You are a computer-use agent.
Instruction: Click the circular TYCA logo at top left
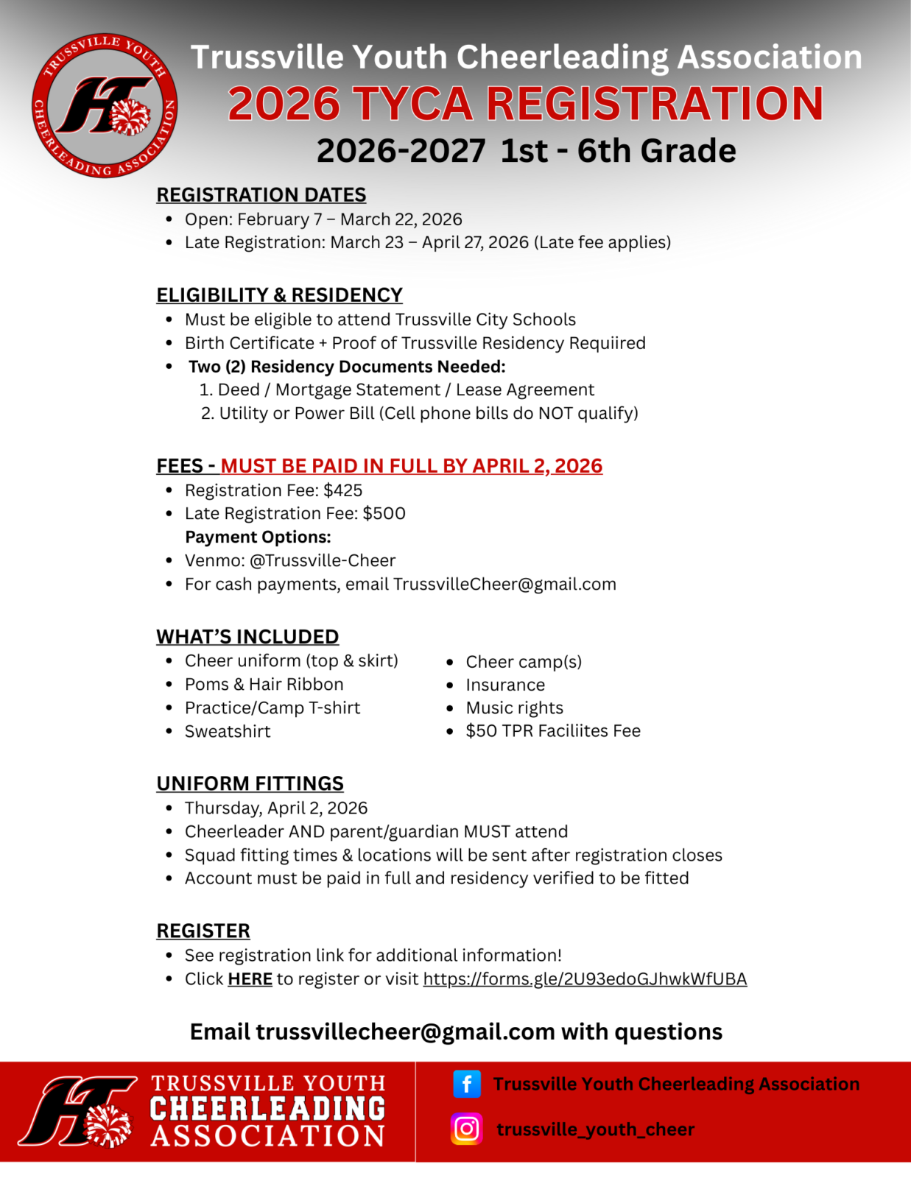click(105, 105)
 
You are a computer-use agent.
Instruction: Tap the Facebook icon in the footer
click(466, 1084)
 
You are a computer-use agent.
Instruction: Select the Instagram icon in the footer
click(466, 1129)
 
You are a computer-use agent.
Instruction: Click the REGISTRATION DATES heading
click(261, 194)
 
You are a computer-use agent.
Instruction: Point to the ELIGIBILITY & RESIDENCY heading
click(279, 294)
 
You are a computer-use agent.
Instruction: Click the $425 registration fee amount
click(342, 490)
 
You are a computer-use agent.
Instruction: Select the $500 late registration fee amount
click(384, 513)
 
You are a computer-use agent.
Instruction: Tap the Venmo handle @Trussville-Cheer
click(323, 560)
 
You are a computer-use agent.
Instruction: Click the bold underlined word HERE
click(250, 978)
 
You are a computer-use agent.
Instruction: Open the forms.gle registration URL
click(585, 978)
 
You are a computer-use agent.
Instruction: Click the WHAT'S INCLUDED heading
click(247, 636)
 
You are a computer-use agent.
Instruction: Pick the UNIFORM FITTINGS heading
click(250, 783)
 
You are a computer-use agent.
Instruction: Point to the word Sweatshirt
click(228, 731)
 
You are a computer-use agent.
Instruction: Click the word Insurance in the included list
click(505, 685)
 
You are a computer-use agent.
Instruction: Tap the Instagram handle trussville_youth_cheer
click(595, 1129)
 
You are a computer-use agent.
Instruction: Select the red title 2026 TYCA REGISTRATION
click(525, 103)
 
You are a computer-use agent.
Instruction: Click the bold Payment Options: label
click(258, 537)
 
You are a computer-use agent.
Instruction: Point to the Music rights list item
click(514, 708)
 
